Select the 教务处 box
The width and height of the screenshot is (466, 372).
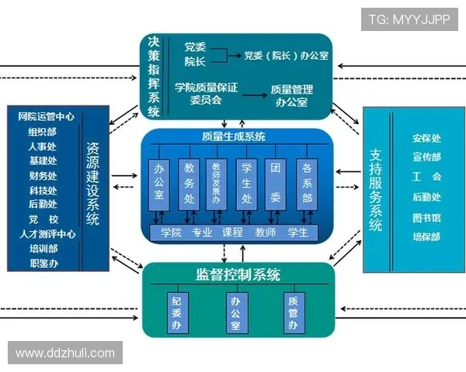[x=189, y=183]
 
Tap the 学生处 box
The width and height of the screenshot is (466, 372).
[x=246, y=183]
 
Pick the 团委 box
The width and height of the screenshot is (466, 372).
[x=276, y=183]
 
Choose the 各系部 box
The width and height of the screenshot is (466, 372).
[x=307, y=183]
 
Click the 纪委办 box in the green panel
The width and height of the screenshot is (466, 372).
[x=177, y=311]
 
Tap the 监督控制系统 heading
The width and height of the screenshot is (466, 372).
[x=238, y=275]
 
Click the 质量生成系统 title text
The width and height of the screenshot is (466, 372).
[x=233, y=137]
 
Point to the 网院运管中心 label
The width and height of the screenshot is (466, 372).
[x=46, y=116]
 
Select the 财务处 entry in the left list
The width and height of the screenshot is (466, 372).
[x=43, y=175]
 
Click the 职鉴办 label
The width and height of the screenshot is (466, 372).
[x=43, y=263]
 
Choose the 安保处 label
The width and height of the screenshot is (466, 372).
[x=426, y=139]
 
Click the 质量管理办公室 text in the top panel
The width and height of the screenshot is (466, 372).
[x=291, y=95]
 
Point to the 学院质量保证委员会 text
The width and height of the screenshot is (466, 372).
[x=206, y=94]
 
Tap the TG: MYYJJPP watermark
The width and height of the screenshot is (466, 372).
[x=409, y=19]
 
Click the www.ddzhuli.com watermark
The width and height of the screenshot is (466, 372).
[x=64, y=353]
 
